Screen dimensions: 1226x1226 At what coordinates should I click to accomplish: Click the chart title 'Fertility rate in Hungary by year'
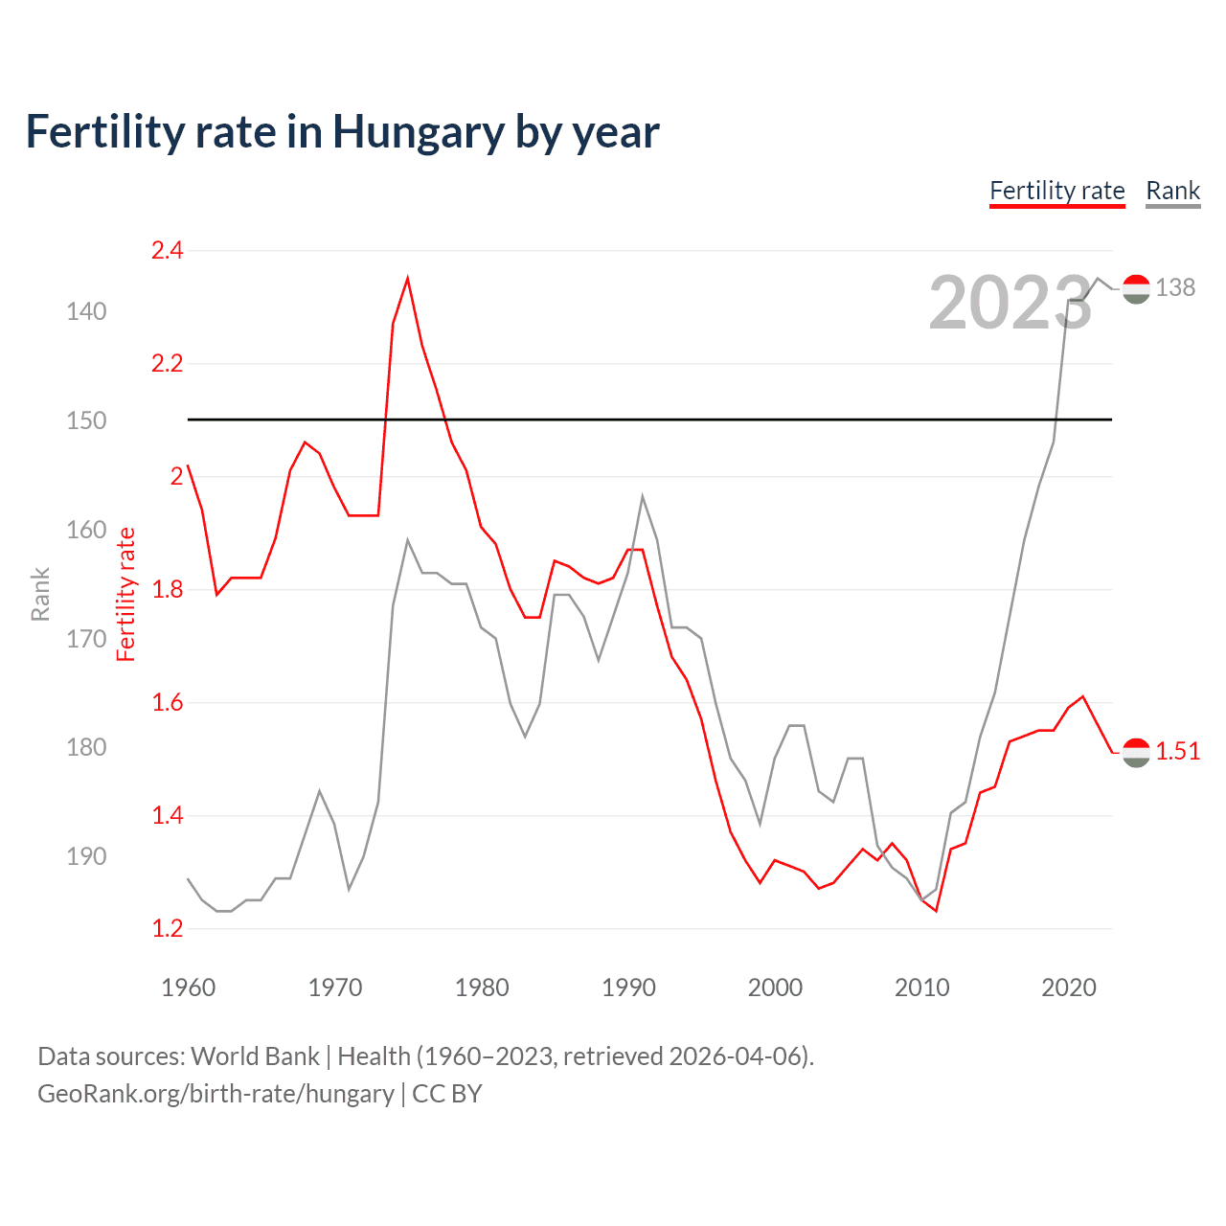[342, 132]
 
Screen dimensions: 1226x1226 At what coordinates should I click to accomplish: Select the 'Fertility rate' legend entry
[1056, 191]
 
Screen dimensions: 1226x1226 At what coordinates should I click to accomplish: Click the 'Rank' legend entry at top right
[1172, 191]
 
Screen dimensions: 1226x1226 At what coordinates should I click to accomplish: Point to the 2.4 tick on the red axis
[167, 251]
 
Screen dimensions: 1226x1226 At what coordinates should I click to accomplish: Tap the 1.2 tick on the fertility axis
[167, 928]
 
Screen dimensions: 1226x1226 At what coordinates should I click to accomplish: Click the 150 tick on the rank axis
[86, 420]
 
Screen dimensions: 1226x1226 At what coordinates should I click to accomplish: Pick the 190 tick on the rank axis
[86, 856]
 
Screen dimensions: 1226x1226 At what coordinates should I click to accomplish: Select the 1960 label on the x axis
[188, 988]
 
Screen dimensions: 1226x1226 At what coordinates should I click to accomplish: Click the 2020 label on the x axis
[1068, 988]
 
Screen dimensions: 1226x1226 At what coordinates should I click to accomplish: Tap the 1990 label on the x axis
[628, 988]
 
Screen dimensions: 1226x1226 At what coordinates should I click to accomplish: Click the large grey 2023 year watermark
[1010, 304]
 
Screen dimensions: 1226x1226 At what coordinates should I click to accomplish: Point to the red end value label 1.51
[1177, 752]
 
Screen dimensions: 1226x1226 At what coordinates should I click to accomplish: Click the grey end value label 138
[1175, 287]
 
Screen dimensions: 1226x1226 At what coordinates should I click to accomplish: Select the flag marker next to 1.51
[1136, 753]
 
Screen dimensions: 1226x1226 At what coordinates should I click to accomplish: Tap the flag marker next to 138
[1136, 288]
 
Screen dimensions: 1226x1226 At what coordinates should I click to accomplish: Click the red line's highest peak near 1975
[408, 279]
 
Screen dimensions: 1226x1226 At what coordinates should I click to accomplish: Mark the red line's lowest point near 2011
[936, 911]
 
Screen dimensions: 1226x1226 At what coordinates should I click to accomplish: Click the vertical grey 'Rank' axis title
[40, 594]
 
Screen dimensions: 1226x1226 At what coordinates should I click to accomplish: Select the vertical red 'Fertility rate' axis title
[126, 594]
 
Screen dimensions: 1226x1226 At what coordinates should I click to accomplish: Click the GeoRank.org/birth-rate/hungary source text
[216, 1094]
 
